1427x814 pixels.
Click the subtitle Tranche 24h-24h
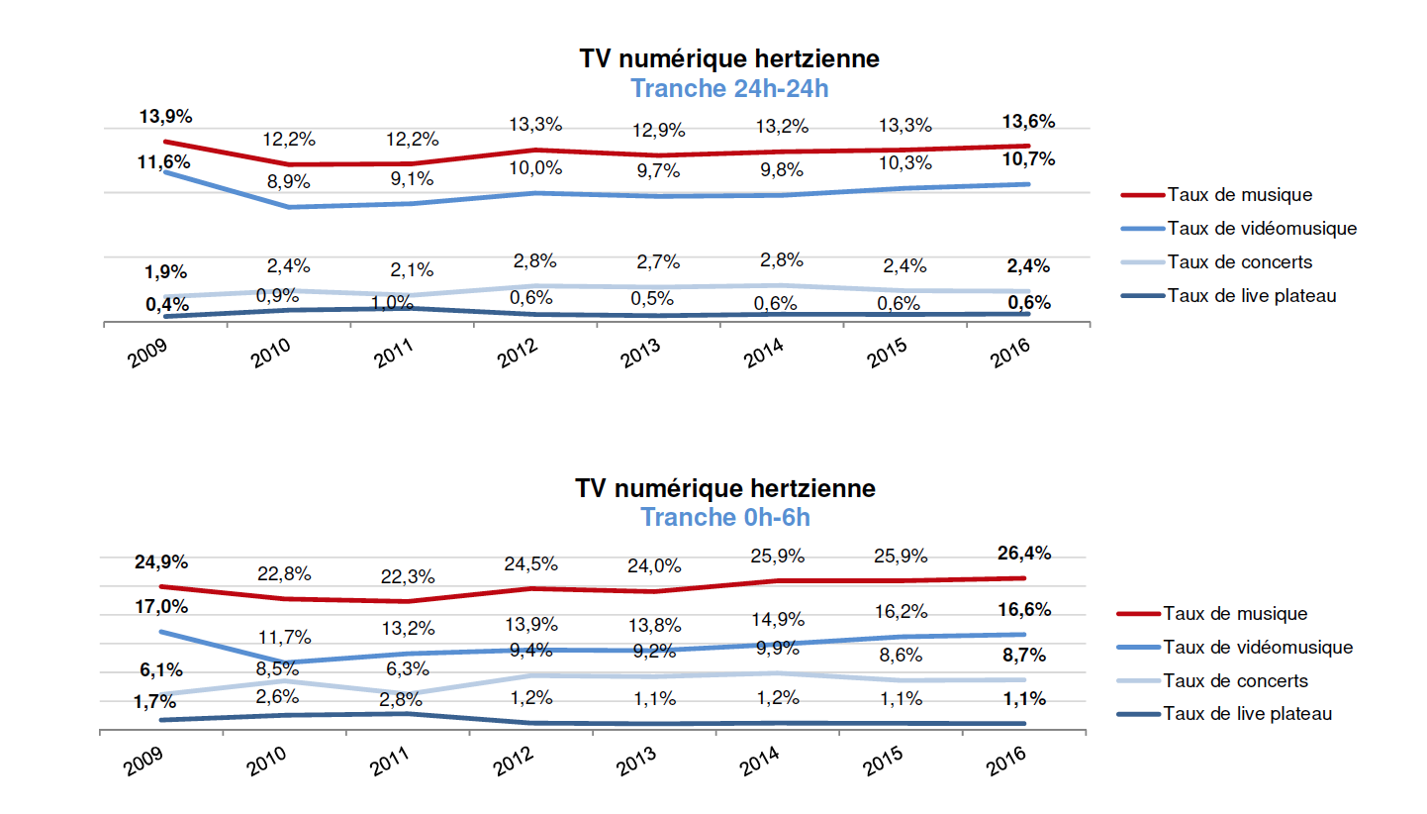(728, 88)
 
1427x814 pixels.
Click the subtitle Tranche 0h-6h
(725, 517)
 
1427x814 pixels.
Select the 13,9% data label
(164, 117)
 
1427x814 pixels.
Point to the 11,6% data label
(164, 160)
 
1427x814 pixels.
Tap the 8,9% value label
(287, 181)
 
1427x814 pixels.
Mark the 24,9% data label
(161, 561)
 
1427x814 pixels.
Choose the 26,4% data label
(1025, 553)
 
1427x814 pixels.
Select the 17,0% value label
(161, 605)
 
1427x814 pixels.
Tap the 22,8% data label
(286, 573)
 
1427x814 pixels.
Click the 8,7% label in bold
(1025, 655)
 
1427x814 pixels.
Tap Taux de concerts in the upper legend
(1239, 261)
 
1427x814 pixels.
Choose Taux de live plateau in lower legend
(1248, 713)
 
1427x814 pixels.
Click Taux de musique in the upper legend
(1239, 194)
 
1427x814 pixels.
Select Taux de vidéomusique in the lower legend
(1258, 647)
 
